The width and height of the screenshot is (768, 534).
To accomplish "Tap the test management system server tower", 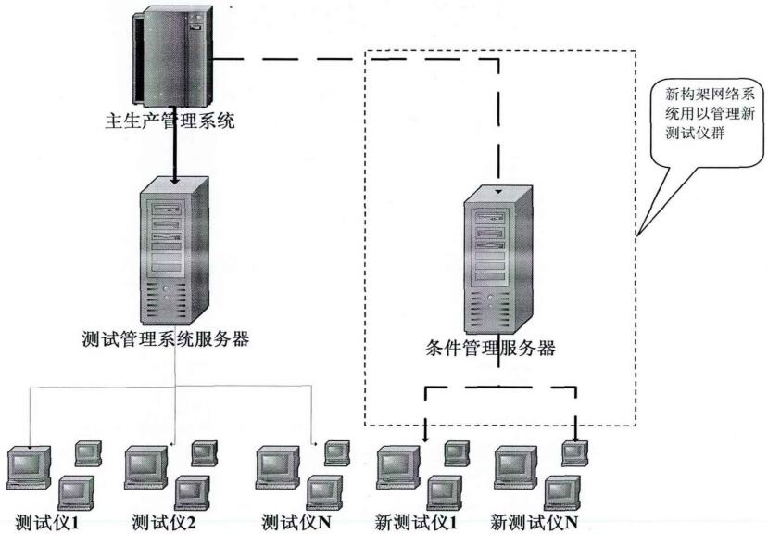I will pyautogui.click(x=173, y=247).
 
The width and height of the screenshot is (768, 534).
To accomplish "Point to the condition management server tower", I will pyautogui.click(x=498, y=260).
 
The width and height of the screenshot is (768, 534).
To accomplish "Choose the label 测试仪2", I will pyautogui.click(x=163, y=521).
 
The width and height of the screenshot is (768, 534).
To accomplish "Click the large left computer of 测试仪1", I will pyautogui.click(x=27, y=467).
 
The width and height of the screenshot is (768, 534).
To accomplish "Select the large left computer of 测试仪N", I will pyautogui.click(x=277, y=467).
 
